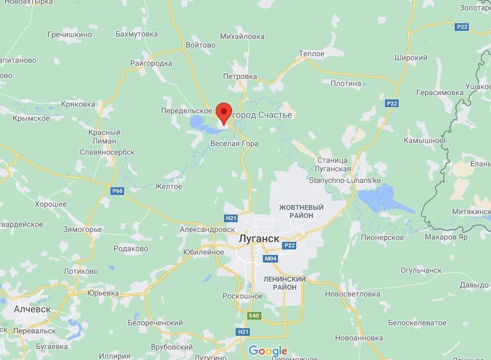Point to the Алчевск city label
[x=32, y=308]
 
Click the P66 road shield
[x=118, y=191]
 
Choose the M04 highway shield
[x=270, y=259]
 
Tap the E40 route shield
[x=255, y=316]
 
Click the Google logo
[x=268, y=350]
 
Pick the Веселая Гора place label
[x=234, y=144]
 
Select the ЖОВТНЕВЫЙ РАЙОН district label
[x=301, y=212]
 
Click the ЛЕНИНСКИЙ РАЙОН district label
[x=285, y=283]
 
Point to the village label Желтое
[x=168, y=187]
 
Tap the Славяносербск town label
[x=107, y=152]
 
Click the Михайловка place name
[x=242, y=36]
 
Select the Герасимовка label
[x=440, y=93]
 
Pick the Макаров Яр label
[x=446, y=236]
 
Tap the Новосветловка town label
[x=352, y=294]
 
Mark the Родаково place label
[x=131, y=248]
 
